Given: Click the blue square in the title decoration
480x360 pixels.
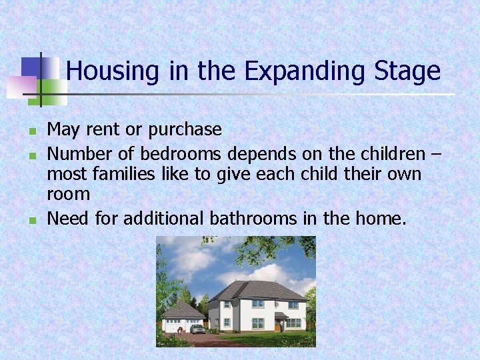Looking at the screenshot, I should point(31,67).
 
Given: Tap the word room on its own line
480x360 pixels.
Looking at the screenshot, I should point(68,194).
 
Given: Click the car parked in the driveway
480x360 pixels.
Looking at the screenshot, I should point(197,329).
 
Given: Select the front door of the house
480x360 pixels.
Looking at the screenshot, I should point(277,325).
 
